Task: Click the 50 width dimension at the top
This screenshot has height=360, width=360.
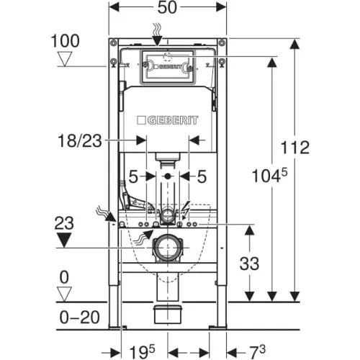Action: coord(167,7)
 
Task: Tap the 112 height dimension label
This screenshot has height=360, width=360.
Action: coord(295,148)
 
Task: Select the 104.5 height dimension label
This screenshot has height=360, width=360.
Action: coord(269,176)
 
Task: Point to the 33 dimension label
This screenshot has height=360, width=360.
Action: coord(249,264)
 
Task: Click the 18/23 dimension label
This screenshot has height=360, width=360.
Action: coord(80,140)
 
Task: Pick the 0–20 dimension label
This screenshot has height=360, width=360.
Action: coord(79,318)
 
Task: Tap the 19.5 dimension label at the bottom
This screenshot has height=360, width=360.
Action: coord(142,351)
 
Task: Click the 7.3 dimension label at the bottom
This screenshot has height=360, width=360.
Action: coord(256,351)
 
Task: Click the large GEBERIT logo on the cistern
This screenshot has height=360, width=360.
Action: coord(168,120)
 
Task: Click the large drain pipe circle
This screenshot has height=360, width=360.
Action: coord(167,248)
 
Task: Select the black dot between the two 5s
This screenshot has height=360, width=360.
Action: coord(168,176)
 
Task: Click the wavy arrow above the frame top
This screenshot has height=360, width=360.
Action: coord(157,35)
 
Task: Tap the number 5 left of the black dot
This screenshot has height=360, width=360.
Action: coord(133,177)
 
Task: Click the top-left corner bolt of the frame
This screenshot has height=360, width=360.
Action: coord(113,43)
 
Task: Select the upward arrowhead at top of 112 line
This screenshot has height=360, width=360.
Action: coord(295,45)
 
